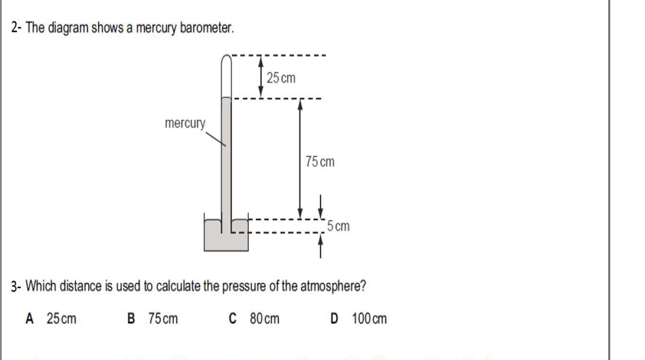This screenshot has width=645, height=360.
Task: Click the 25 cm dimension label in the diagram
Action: tap(281, 78)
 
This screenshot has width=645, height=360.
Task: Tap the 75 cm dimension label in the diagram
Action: tap(320, 162)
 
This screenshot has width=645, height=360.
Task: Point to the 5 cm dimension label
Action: tap(339, 226)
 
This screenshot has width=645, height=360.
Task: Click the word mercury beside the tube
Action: tap(185, 123)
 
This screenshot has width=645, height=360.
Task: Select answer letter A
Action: tap(30, 319)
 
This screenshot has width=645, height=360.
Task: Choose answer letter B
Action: tap(132, 319)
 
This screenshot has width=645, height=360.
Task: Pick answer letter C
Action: tap(232, 319)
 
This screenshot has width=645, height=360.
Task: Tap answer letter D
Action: tap(334, 319)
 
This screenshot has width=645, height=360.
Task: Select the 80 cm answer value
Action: tap(265, 319)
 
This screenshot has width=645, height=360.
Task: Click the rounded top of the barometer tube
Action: tap(227, 59)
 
